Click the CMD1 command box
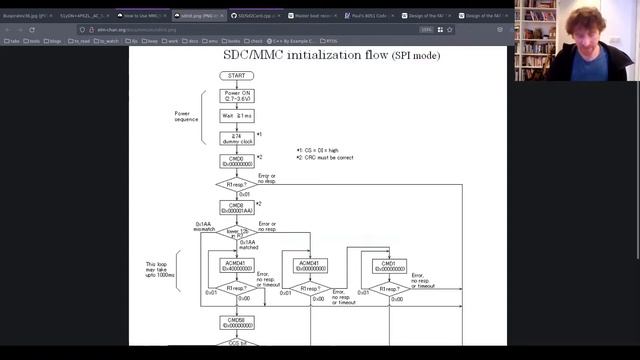(389, 265)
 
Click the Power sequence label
(188, 117)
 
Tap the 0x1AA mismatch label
(204, 227)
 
